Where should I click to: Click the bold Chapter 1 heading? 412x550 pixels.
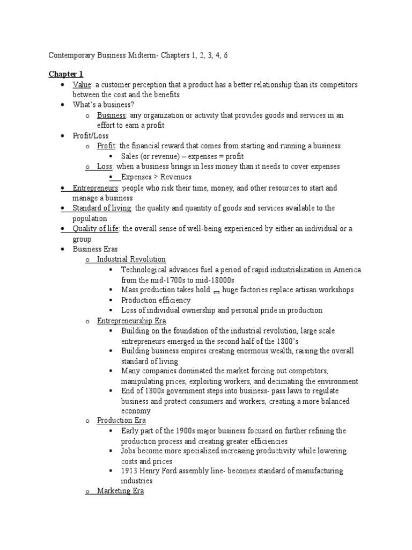[x=66, y=74]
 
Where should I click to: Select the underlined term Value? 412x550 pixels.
[x=82, y=85]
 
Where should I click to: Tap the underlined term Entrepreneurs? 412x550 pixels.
[x=97, y=188]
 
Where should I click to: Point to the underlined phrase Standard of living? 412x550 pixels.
[x=102, y=208]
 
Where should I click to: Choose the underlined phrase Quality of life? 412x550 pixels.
[x=96, y=229]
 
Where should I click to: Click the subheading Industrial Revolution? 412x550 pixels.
[x=131, y=259]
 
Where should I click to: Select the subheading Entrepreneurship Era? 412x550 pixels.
[x=131, y=321]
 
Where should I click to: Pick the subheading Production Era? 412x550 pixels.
[x=121, y=420]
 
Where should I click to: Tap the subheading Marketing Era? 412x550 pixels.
[x=120, y=491]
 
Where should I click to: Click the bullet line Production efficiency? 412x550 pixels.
[x=156, y=300]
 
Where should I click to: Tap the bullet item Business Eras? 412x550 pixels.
[x=95, y=249]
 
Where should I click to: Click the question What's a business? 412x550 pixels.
[x=104, y=104]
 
